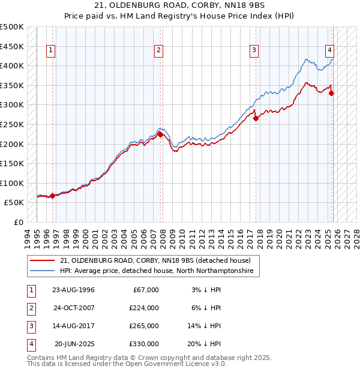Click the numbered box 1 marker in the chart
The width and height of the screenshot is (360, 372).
click(x=50, y=50)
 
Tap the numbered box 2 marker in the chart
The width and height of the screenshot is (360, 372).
click(x=158, y=50)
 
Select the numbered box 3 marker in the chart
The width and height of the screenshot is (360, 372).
click(x=254, y=50)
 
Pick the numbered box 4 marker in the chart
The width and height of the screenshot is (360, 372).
click(x=330, y=50)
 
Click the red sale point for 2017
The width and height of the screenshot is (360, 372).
click(x=256, y=118)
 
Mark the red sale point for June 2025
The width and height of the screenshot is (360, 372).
click(x=332, y=93)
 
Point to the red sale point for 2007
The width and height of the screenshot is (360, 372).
click(x=161, y=134)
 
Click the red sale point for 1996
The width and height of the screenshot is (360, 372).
click(x=52, y=196)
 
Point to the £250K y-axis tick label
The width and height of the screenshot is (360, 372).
click(x=13, y=124)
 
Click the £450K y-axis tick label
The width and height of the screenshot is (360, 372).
click(x=13, y=46)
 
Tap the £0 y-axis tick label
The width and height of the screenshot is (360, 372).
click(x=18, y=222)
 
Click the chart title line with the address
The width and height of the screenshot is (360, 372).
click(x=180, y=6)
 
